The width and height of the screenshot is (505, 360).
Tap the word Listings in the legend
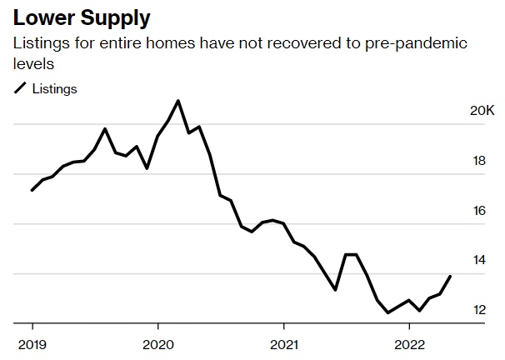(55, 89)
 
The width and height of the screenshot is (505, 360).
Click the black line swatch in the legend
(19, 89)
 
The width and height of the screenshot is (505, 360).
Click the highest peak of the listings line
(178, 101)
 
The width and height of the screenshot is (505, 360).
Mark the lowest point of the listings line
(387, 312)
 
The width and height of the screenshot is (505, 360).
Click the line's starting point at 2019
(32, 191)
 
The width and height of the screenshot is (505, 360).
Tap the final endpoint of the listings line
(451, 276)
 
